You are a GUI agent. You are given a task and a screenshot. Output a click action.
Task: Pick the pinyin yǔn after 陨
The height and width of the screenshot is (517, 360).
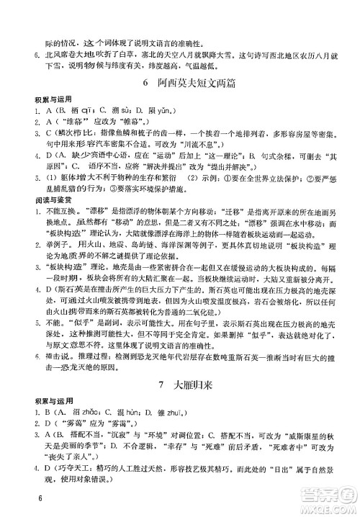coord(185,112)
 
